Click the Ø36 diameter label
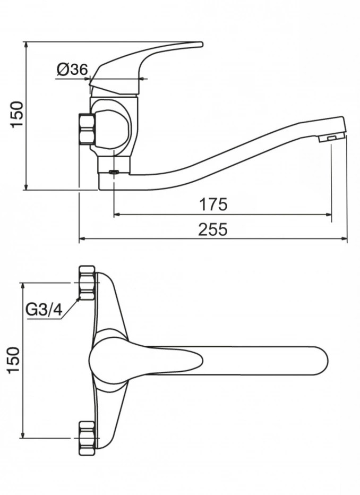click(x=72, y=69)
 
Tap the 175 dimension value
click(x=213, y=204)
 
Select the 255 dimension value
click(x=213, y=229)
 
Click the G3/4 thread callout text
click(x=44, y=310)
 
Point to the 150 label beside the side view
click(x=17, y=114)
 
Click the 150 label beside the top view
click(x=14, y=360)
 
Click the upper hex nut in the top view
click(x=87, y=283)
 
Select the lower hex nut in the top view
click(x=87, y=438)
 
